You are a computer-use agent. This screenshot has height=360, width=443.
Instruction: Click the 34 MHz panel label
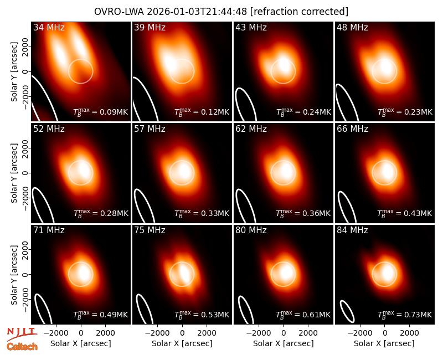tap(49, 27)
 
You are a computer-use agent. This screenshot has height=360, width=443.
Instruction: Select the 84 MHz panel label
tap(352, 230)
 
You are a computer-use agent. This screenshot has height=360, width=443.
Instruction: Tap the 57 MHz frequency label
tap(150, 129)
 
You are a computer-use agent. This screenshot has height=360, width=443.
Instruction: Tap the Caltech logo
tap(22, 347)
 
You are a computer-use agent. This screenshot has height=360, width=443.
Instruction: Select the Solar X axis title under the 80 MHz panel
tap(283, 343)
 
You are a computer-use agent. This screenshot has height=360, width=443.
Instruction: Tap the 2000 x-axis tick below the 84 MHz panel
tap(409, 333)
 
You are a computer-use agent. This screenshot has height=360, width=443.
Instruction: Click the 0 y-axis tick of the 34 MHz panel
tap(26, 71)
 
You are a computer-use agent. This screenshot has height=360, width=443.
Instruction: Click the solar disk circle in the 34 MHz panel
tap(80, 59)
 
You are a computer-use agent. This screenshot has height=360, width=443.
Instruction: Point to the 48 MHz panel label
tap(352, 27)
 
